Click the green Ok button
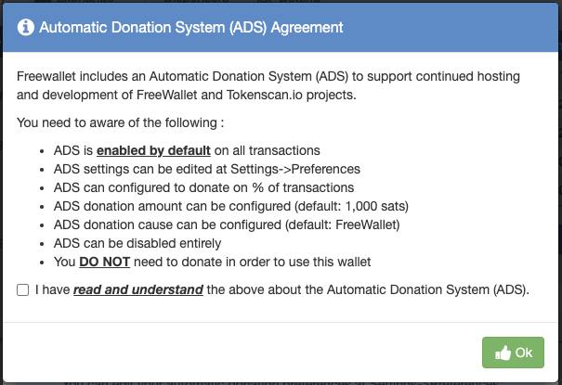(x=513, y=353)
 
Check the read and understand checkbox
(x=22, y=289)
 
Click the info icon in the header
(x=26, y=27)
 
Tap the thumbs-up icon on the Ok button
(x=503, y=353)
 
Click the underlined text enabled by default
(x=153, y=150)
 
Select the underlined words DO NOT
(x=104, y=262)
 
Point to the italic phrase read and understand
(x=138, y=289)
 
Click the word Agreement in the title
(x=307, y=28)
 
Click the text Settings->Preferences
(x=295, y=169)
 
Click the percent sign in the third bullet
(x=257, y=187)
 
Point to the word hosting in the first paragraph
(x=498, y=77)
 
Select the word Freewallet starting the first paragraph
(x=46, y=76)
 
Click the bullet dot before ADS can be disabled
(x=42, y=244)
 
